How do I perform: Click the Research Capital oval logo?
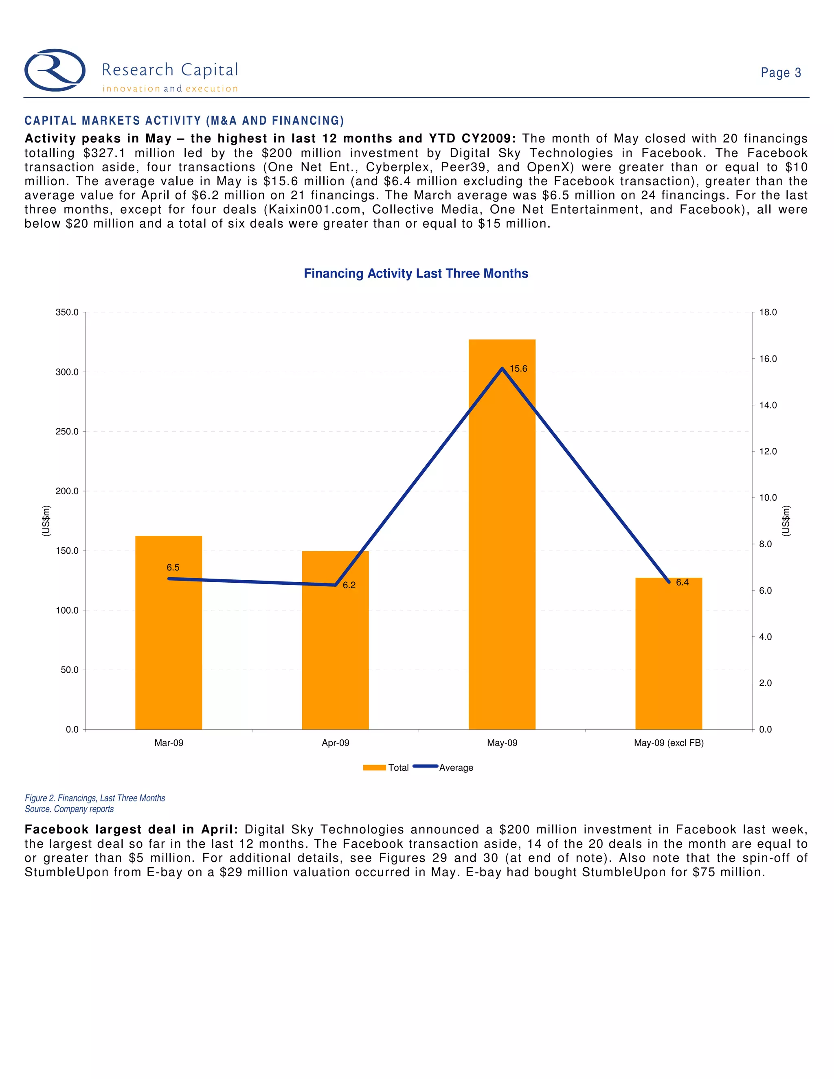point(55,70)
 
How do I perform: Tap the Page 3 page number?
point(781,72)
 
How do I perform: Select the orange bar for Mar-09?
point(169,642)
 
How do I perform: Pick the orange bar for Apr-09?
point(335,652)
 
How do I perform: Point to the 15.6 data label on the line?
point(518,368)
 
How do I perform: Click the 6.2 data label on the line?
point(349,585)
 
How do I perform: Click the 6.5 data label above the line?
point(173,567)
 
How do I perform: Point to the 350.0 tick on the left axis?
point(67,312)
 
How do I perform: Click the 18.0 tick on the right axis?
point(768,312)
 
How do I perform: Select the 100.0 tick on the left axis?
point(67,610)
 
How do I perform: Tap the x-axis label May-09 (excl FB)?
point(669,743)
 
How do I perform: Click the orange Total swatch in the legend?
point(374,767)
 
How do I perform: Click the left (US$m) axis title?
point(46,521)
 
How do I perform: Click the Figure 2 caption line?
point(95,798)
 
